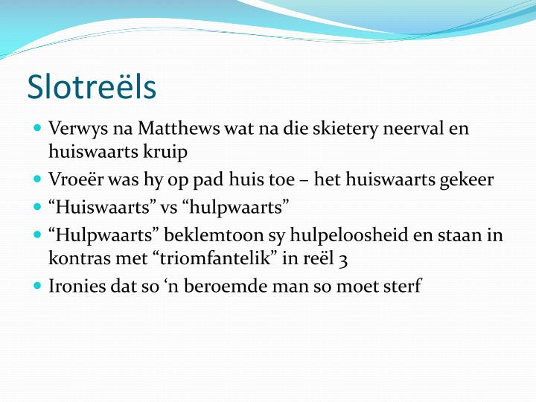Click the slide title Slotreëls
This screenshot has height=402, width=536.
pos(92,87)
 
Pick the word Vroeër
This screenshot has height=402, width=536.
pos(74,179)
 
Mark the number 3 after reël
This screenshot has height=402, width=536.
pos(343,259)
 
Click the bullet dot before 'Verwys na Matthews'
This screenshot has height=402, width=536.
pos(38,128)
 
